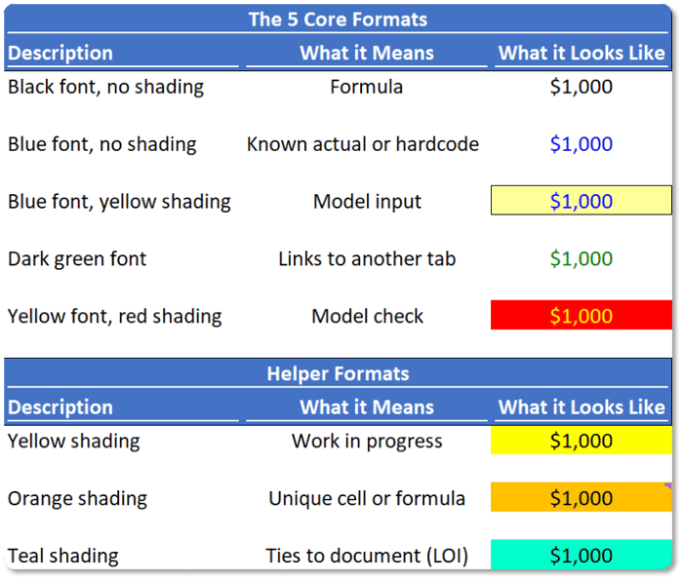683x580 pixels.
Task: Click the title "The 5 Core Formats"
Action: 338,19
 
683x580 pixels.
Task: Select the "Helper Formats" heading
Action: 338,373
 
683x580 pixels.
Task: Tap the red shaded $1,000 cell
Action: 582,315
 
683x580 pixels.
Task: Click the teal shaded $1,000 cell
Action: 582,555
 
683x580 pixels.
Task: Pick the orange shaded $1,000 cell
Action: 582,497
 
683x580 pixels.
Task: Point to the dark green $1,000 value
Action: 582,259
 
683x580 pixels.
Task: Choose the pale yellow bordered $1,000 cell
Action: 582,200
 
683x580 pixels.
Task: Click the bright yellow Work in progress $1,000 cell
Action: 582,440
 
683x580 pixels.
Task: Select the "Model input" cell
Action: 367,202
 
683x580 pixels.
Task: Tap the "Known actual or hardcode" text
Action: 363,144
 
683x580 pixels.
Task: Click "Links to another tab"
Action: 367,259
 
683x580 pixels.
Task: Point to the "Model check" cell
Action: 367,317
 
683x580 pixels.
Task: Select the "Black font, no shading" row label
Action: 105,87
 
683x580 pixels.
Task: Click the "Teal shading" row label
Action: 63,556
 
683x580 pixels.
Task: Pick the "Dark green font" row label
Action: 77,259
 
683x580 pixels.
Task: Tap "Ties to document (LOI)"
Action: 367,556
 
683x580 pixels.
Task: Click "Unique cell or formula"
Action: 367,499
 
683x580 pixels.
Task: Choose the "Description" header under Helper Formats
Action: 60,407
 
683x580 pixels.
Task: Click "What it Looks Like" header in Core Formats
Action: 582,53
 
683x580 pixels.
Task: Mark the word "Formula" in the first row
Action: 366,87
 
